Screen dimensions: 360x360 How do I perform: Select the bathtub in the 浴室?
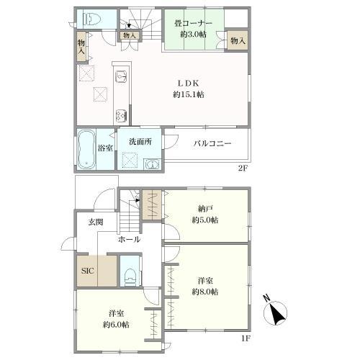[86, 149]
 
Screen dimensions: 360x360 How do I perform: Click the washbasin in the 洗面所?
[152, 164]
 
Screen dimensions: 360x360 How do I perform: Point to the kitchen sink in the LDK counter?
[121, 76]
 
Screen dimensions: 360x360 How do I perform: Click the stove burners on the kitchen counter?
[121, 115]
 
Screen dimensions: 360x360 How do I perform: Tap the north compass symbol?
[275, 312]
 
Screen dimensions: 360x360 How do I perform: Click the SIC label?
[87, 271]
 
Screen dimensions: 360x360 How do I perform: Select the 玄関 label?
[96, 222]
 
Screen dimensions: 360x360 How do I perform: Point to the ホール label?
[129, 239]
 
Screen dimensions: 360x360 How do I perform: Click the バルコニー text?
[212, 143]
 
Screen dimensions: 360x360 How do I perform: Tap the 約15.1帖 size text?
[189, 94]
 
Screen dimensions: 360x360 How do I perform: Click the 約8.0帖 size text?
[205, 292]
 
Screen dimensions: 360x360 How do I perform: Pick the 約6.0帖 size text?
[116, 325]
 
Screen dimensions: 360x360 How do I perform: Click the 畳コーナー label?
[193, 23]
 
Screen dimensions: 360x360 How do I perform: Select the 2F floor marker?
[243, 168]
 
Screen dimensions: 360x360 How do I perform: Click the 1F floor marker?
[246, 338]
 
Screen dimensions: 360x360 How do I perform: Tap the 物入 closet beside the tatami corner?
[238, 40]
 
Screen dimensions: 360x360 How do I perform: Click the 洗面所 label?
[140, 142]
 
